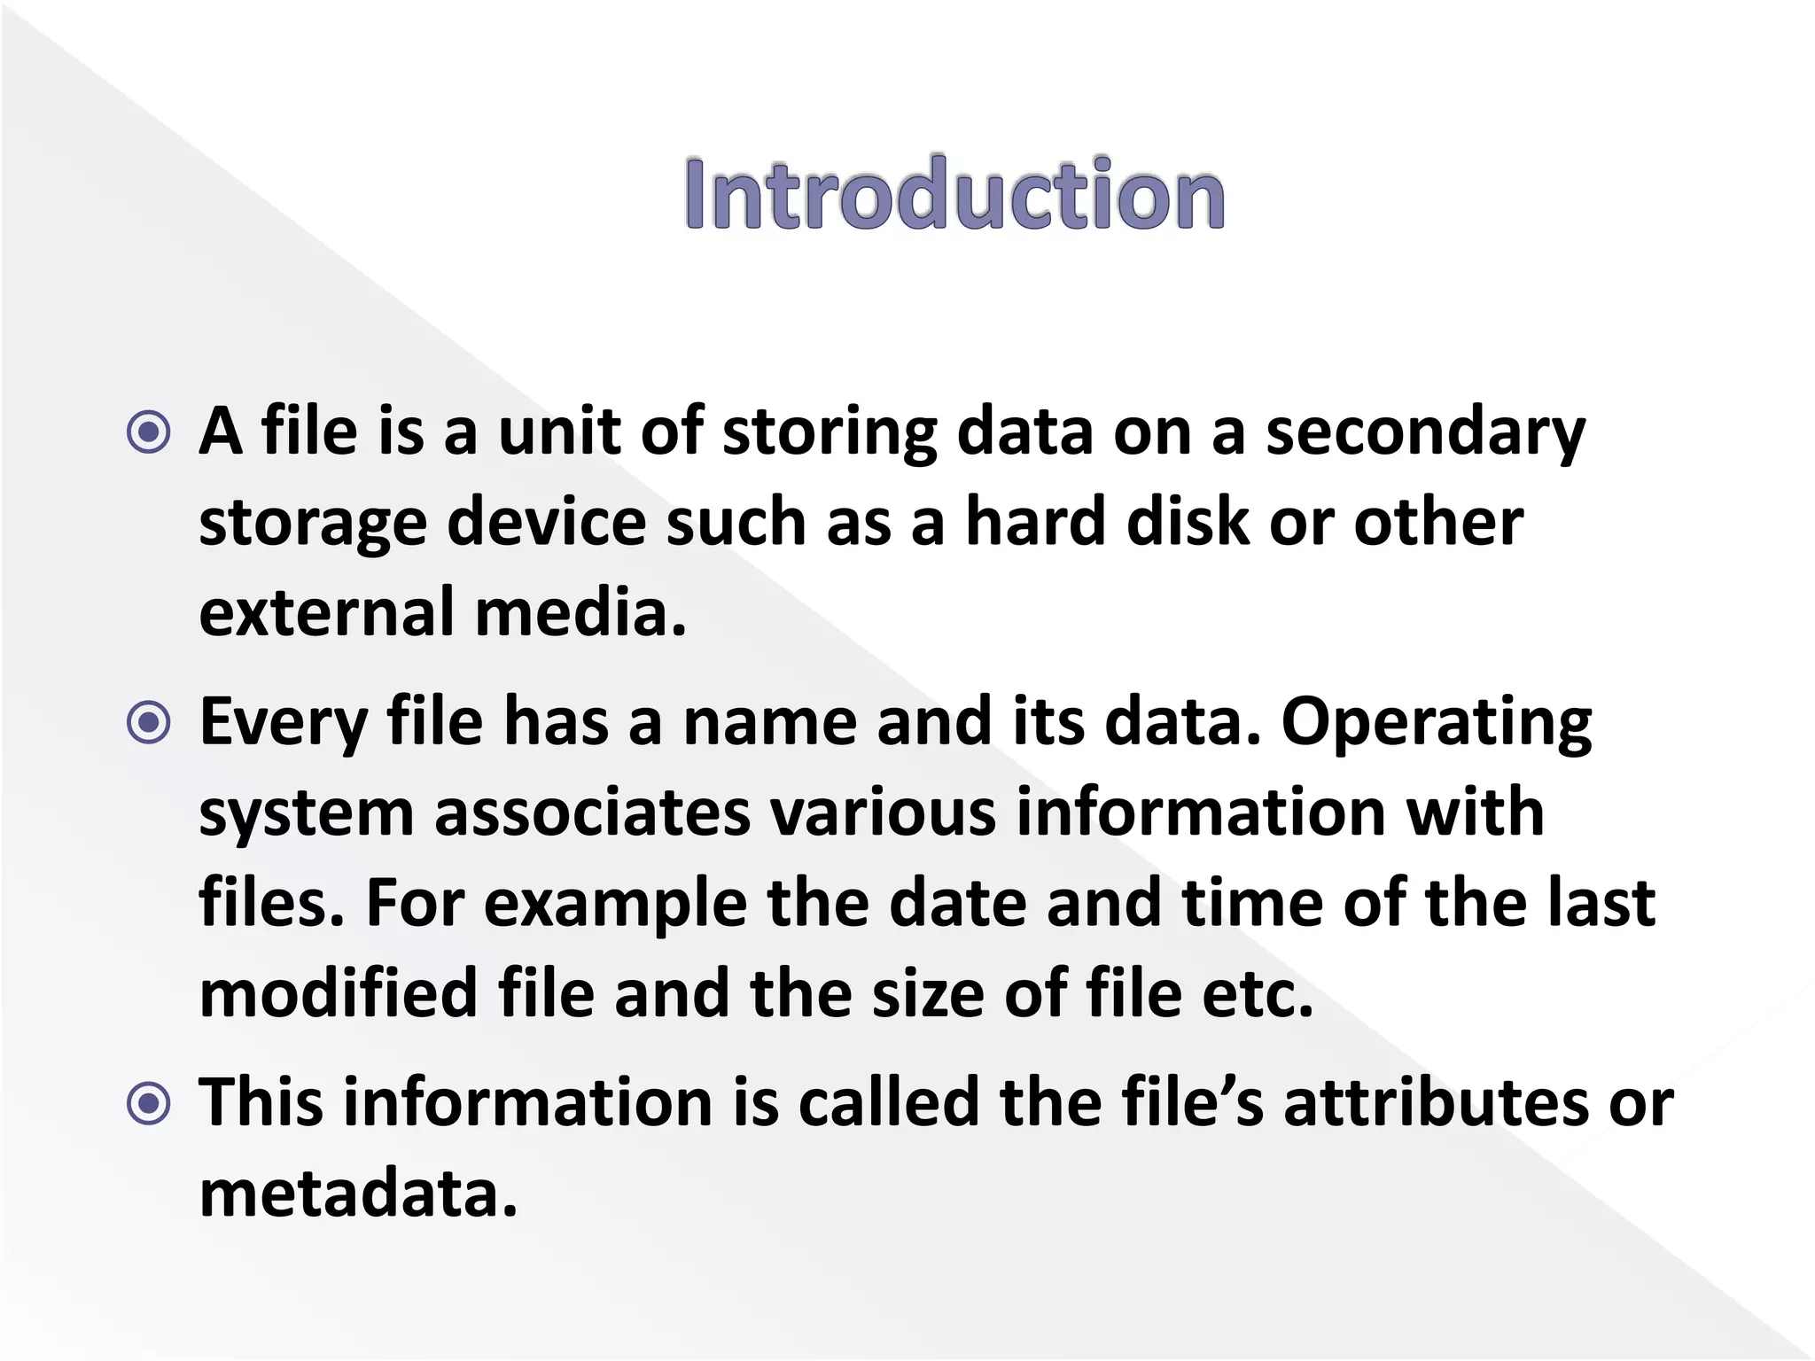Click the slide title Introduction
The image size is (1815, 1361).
point(954,195)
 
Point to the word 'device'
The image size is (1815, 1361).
point(547,523)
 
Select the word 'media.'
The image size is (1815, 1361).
point(580,613)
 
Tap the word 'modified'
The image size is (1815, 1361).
point(338,994)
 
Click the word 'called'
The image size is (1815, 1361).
point(888,1104)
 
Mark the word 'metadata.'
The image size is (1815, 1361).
point(358,1194)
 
